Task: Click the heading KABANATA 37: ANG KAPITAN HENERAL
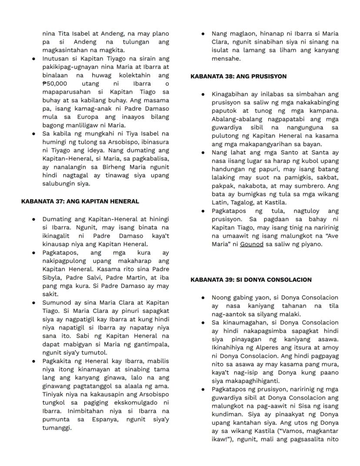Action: point(80,201)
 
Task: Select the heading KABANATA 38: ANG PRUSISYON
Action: point(239,76)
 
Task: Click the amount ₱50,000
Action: point(54,84)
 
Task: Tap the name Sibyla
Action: point(52,278)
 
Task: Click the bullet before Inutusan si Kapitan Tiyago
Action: point(33,59)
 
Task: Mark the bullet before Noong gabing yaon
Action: point(203,298)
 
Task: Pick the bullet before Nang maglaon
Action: point(203,34)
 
